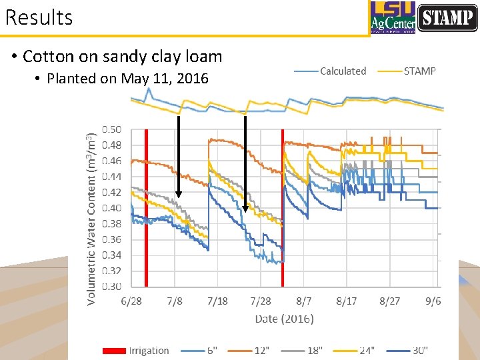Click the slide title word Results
tap(39, 17)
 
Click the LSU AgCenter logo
tap(393, 17)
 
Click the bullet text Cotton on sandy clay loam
tap(122, 56)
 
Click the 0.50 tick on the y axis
tap(111, 129)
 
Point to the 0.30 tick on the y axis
tap(111, 287)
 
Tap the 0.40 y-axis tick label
tap(111, 208)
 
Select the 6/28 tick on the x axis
tap(131, 301)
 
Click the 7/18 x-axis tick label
tap(217, 301)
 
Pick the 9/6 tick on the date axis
tap(433, 301)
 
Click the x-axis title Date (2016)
tap(284, 319)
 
